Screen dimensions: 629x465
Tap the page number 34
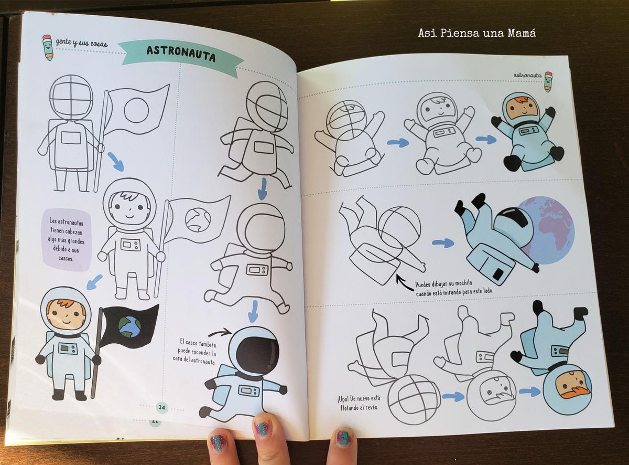pyautogui.click(x=161, y=408)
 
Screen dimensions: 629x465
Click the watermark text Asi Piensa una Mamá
pyautogui.click(x=476, y=33)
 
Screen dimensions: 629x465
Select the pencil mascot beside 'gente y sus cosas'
pyautogui.click(x=48, y=47)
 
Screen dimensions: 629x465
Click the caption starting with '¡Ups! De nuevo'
pyautogui.click(x=359, y=403)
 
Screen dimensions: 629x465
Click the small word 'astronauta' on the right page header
pyautogui.click(x=527, y=75)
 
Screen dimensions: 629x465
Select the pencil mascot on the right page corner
pyautogui.click(x=549, y=82)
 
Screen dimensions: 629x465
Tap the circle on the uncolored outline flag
pyautogui.click(x=136, y=110)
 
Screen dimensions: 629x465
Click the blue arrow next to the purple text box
pyautogui.click(x=94, y=282)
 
